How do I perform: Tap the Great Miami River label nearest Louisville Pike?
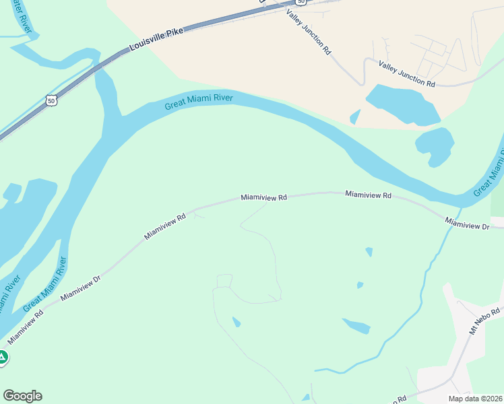click(199, 102)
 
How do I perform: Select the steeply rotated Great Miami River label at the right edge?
click(490, 171)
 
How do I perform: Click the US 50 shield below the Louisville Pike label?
click(51, 100)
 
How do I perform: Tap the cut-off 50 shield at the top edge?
click(301, 3)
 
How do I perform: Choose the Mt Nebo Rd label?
click(486, 321)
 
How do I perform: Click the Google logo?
click(22, 396)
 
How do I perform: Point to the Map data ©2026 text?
click(476, 399)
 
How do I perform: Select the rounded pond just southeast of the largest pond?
click(435, 144)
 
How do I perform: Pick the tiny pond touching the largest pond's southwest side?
click(355, 117)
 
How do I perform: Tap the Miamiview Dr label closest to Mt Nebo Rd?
click(467, 223)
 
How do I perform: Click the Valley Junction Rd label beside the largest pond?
click(407, 73)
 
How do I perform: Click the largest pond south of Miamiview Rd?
click(356, 327)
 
